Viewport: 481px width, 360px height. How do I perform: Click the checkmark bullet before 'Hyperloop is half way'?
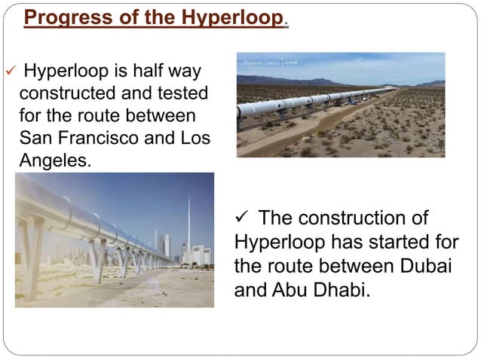(x=10, y=74)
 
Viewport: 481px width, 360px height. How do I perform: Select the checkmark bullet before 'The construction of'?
(x=244, y=219)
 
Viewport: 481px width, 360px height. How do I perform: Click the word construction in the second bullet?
(x=344, y=219)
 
